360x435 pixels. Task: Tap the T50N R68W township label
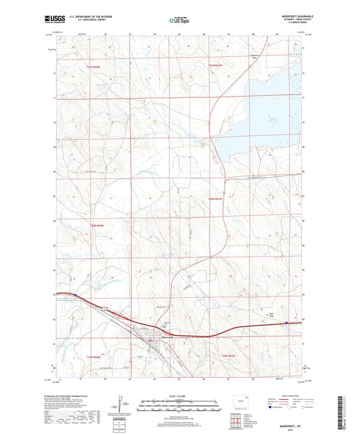coord(99,223)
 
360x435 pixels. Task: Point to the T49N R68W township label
coord(97,356)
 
